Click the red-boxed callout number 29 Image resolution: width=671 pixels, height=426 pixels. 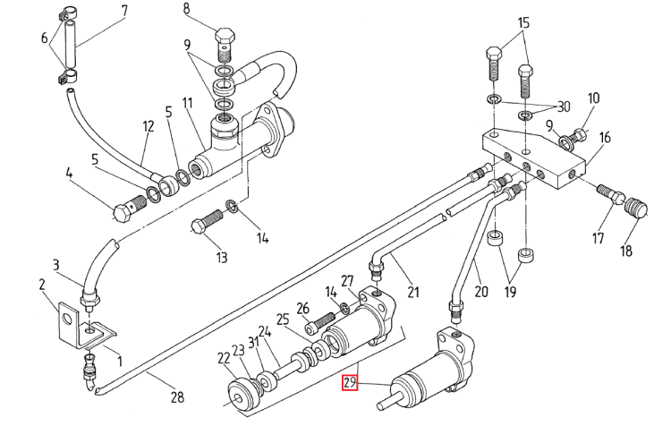coord(350,382)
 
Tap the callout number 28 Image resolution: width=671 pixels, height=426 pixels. coord(177,397)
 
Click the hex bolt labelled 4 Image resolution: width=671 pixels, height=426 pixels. coord(130,208)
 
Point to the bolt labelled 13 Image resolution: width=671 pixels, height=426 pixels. coord(208,223)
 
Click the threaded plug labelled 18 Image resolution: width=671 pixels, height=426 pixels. coord(636,208)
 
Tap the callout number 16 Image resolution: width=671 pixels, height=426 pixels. coord(605,138)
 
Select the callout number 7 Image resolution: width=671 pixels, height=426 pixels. coord(124,11)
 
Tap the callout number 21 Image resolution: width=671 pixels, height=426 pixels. coord(413,292)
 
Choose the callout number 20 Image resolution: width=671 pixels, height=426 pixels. coord(481,292)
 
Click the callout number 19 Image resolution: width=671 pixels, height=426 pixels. coord(510,292)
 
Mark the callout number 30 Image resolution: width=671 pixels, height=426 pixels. coord(564,106)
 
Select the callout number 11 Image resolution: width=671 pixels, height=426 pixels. coord(188,103)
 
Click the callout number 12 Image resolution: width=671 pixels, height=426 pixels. coord(148,126)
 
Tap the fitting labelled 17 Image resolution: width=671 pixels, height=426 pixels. coord(611,195)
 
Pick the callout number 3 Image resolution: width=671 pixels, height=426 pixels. coord(56,265)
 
